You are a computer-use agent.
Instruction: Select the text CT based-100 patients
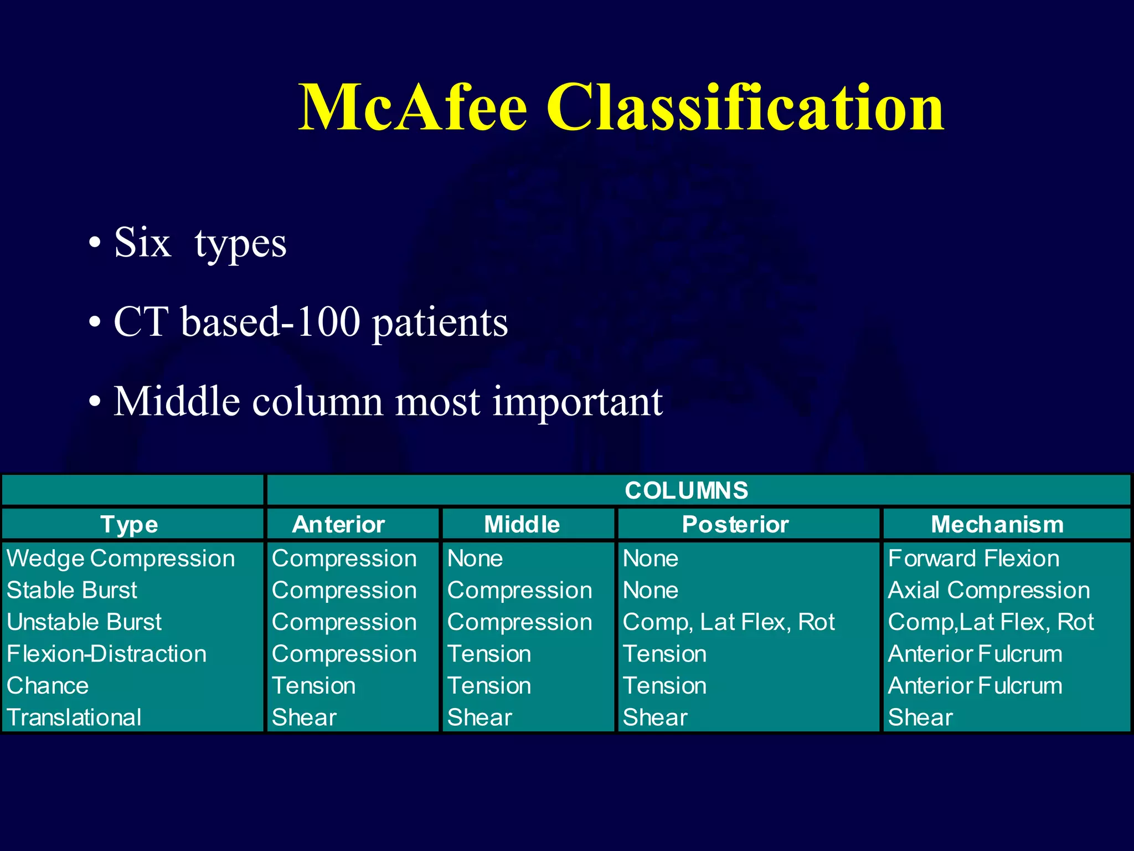(310, 322)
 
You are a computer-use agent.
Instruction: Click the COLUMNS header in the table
(686, 491)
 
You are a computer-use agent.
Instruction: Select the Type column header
(129, 525)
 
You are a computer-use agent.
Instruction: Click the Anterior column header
(338, 525)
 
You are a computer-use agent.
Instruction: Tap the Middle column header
(522, 525)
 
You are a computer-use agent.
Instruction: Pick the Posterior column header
(735, 525)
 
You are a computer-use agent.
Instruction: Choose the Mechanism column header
(997, 525)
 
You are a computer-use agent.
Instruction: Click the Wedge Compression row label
(121, 558)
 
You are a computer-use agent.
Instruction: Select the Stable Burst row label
(72, 591)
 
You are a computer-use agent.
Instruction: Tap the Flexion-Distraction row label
(106, 654)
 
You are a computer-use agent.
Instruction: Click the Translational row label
(74, 718)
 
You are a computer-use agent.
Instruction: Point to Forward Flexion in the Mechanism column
(973, 558)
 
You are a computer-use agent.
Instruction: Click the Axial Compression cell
(989, 591)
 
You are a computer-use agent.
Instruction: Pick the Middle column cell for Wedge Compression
(475, 558)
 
